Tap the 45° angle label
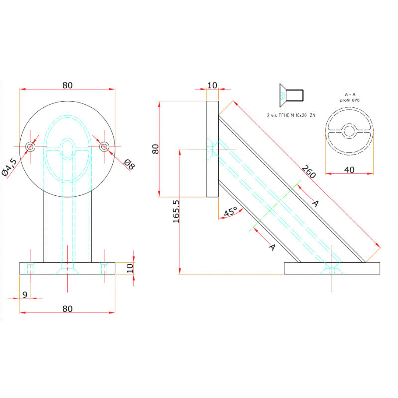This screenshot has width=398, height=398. [x=230, y=212]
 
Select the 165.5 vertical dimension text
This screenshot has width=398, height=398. [x=176, y=211]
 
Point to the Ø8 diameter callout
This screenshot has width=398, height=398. [x=128, y=165]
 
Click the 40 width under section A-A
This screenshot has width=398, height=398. [x=349, y=170]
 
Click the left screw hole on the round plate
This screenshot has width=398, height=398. [x=31, y=146]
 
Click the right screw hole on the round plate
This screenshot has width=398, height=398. [x=104, y=146]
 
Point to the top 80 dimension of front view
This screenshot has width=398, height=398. [x=68, y=85]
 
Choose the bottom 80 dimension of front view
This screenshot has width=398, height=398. [x=68, y=308]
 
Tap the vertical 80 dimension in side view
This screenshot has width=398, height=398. [x=155, y=149]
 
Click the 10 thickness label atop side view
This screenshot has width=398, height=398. [x=212, y=85]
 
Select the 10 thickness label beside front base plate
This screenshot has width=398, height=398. [x=129, y=268]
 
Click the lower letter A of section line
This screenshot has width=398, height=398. [x=272, y=246]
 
